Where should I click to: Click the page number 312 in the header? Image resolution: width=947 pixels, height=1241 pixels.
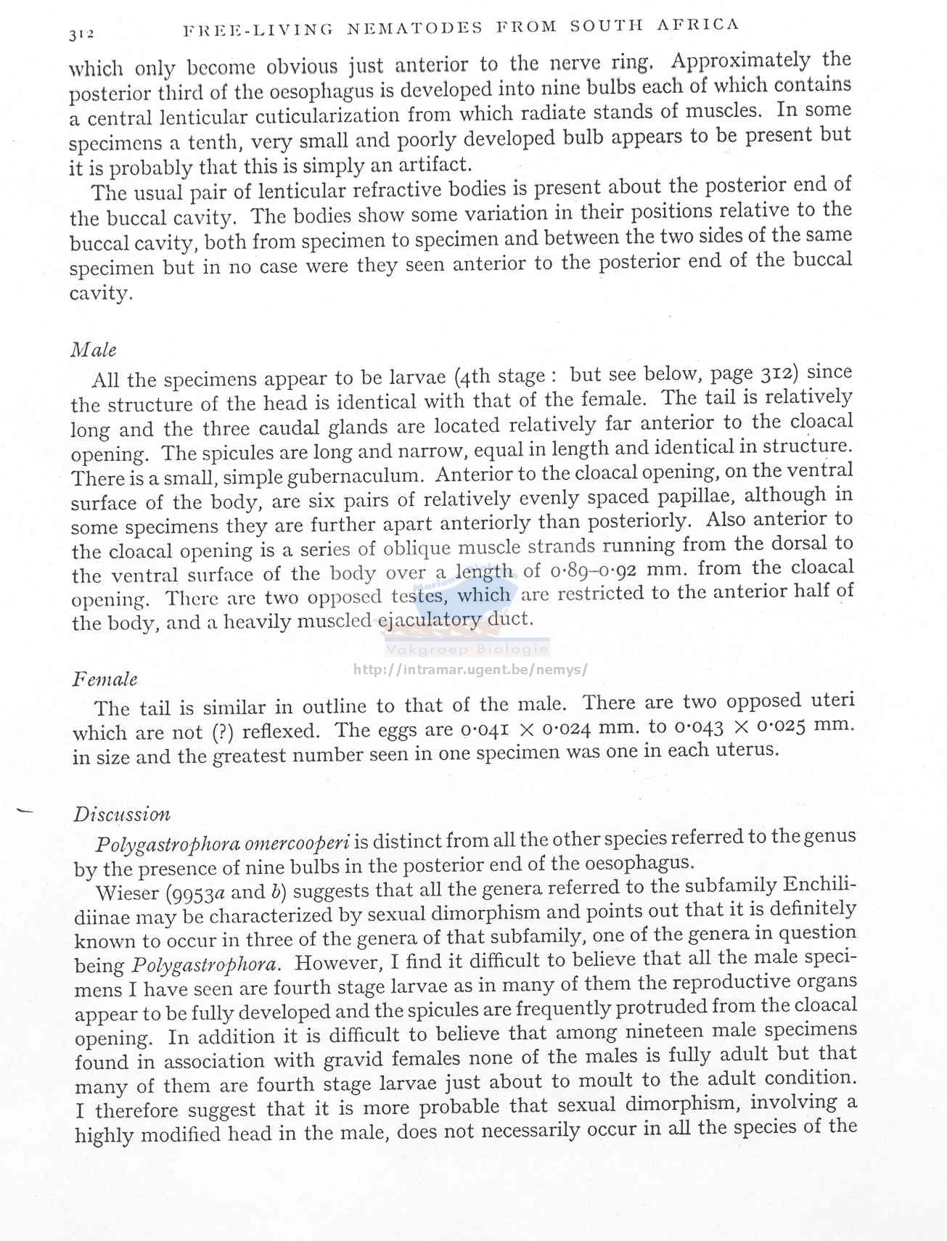[82, 33]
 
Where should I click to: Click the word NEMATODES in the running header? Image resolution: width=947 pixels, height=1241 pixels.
[414, 28]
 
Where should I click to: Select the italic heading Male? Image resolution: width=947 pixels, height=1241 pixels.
[94, 350]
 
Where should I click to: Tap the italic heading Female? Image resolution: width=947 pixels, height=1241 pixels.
[105, 679]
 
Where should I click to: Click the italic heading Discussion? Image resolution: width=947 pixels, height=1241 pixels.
[122, 814]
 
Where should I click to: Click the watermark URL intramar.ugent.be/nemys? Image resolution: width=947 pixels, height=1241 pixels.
[470, 670]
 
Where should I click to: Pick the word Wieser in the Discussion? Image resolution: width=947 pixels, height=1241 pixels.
[120, 892]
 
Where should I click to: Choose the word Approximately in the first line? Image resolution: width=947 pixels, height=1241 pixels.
[741, 60]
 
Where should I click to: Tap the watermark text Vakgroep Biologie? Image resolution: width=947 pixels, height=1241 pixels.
[467, 650]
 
